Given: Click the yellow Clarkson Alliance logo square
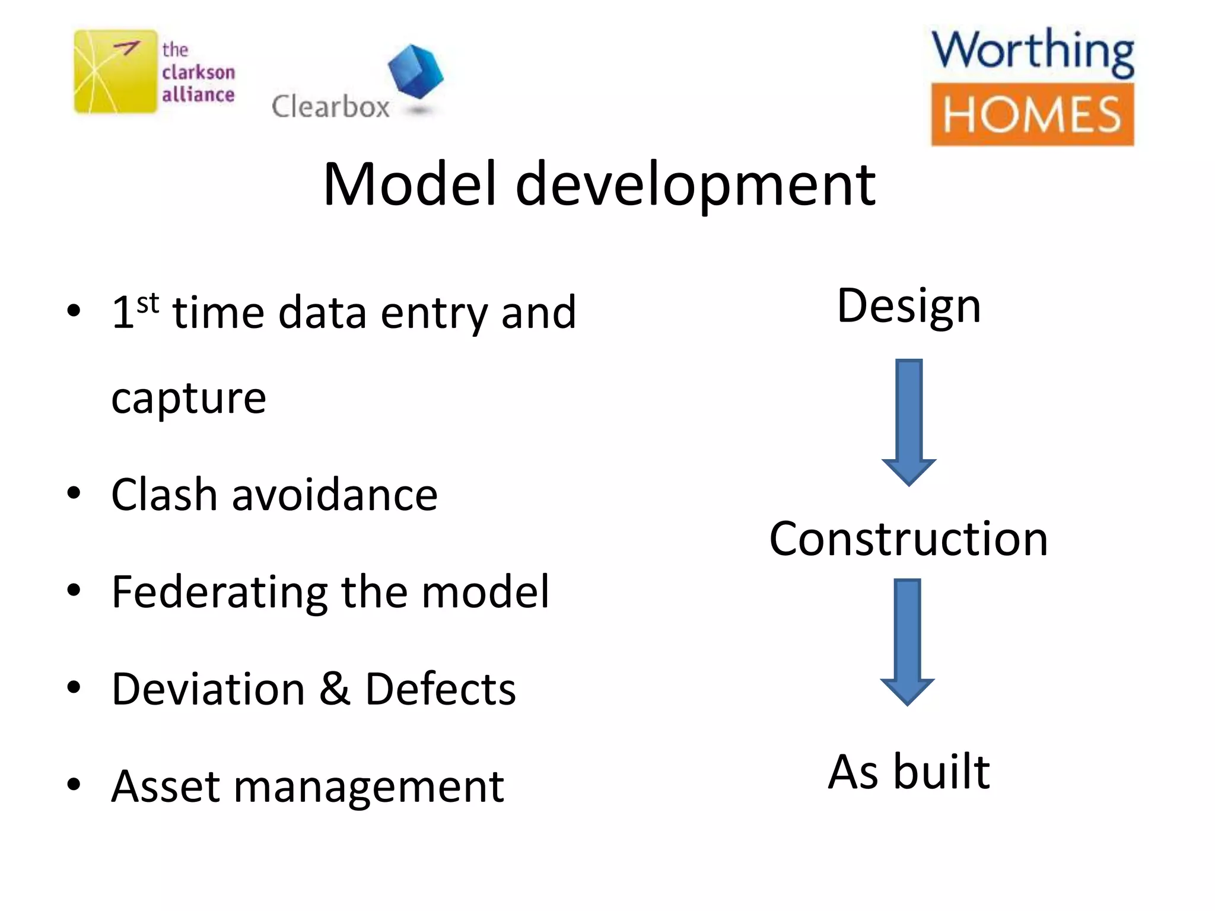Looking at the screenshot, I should pos(115,71).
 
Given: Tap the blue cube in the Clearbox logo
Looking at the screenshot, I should pos(415,71).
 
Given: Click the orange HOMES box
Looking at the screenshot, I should pos(1032,114).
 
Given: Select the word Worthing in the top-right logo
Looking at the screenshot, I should pos(1032,52).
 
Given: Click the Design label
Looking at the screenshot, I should pos(908,307).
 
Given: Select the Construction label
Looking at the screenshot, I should pos(908,539).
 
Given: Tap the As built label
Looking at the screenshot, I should pos(908,772).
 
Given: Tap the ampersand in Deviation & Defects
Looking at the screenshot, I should pos(335,689).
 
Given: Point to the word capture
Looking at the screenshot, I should pos(189,399).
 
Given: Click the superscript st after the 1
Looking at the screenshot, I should pos(148,303).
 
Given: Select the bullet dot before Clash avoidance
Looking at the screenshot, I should pos(74,493).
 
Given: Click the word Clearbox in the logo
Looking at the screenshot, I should pos(330,107).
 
